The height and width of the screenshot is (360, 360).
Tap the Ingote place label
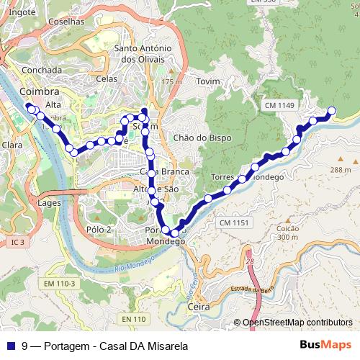(22, 12)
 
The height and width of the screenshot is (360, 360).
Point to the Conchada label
(41, 70)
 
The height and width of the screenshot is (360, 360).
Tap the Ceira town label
(198, 307)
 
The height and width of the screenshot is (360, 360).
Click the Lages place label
(49, 203)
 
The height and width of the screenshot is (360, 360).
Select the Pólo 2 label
(99, 229)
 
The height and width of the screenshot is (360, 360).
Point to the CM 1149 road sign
(279, 106)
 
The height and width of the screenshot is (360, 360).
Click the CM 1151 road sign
(234, 223)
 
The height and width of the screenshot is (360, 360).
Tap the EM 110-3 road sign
(59, 284)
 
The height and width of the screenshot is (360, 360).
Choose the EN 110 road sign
(134, 319)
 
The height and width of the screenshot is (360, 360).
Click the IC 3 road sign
(17, 243)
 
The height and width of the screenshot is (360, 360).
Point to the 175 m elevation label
(171, 82)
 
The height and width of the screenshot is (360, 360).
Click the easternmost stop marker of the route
(331, 110)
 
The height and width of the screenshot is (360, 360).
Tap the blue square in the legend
(11, 346)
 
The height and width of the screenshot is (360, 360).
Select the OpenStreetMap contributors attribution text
(297, 323)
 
